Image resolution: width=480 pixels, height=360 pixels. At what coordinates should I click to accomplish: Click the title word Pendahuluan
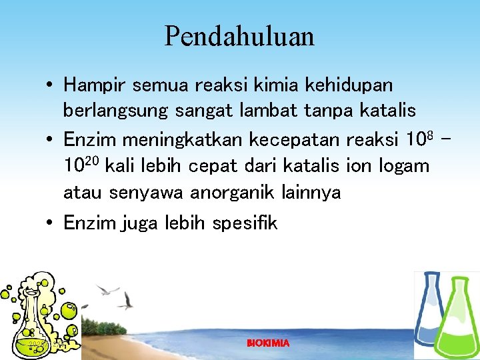(x=239, y=36)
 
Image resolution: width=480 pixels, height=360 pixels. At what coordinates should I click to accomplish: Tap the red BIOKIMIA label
(x=268, y=343)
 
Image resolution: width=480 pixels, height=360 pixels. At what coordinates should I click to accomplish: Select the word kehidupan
(x=348, y=85)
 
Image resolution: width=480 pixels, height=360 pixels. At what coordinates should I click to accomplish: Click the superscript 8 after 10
(x=430, y=135)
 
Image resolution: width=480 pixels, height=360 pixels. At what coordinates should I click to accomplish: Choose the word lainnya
(x=311, y=193)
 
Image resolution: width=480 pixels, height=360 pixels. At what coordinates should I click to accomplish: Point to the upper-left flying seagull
(x=107, y=290)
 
